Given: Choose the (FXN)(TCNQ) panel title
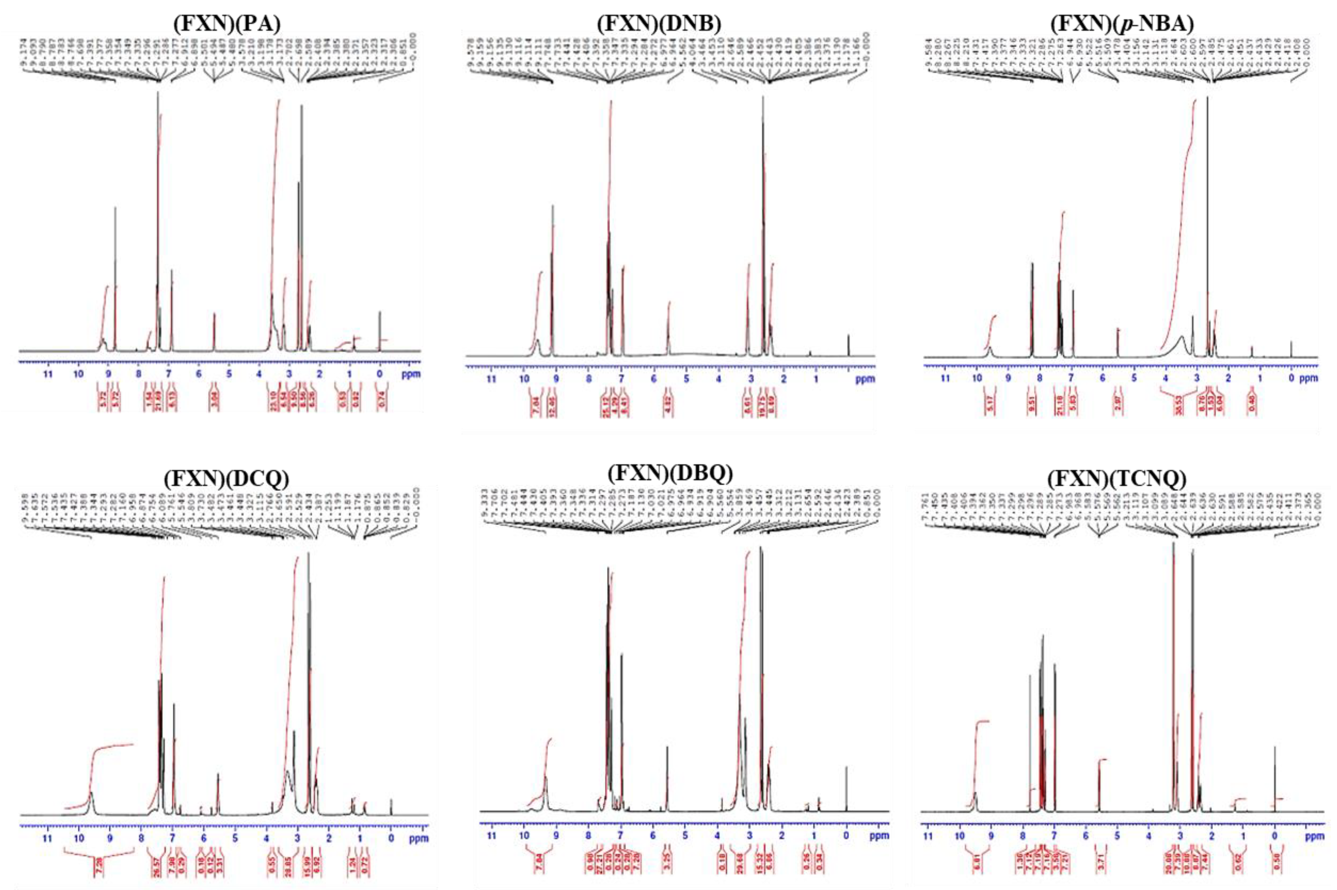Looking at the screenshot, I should pyautogui.click(x=1116, y=480).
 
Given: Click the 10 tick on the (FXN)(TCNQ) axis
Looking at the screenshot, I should pyautogui.click(x=959, y=836).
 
